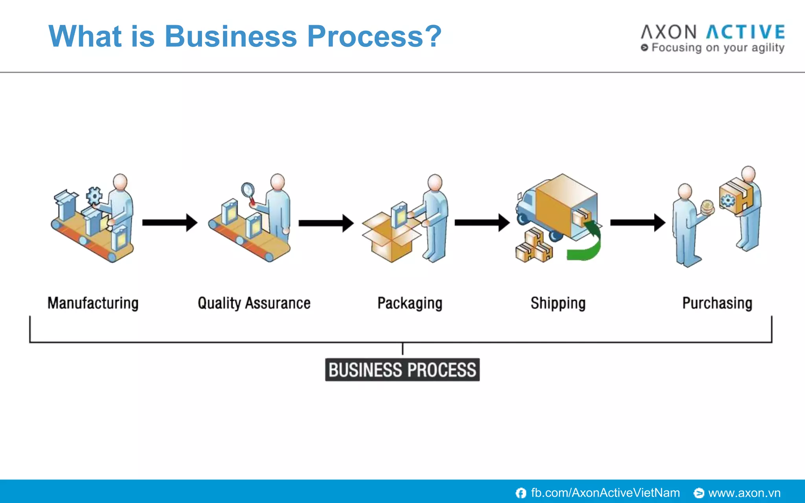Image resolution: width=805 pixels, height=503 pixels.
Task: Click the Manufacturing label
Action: [93, 303]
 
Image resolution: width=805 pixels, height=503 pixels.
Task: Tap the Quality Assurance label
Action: [254, 303]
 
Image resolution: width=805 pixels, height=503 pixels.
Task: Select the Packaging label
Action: [410, 303]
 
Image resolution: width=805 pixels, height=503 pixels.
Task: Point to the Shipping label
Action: [558, 303]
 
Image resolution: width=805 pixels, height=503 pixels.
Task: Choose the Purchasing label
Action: [717, 303]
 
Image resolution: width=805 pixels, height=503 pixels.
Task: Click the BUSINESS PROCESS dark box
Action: [402, 370]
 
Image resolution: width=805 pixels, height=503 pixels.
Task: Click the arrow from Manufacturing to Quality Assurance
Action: [169, 222]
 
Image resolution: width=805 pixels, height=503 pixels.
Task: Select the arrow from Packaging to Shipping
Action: [482, 222]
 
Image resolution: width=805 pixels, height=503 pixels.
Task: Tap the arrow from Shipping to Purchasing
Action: [637, 222]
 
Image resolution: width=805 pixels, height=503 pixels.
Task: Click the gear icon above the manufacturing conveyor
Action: [94, 195]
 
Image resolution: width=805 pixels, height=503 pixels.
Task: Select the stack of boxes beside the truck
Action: [533, 247]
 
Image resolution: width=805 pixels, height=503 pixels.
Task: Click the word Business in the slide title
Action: [230, 36]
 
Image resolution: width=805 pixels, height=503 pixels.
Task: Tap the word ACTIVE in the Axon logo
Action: [745, 32]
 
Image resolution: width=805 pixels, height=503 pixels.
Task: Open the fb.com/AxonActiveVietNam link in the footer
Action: [605, 493]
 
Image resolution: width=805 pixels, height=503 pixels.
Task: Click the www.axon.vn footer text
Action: [744, 493]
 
